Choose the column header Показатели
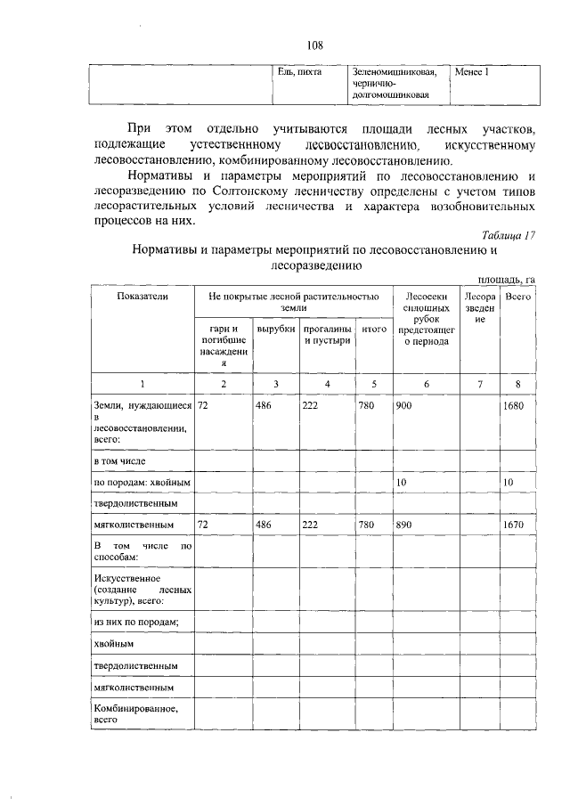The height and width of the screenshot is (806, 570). tap(142, 295)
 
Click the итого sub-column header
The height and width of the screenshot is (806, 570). tap(374, 329)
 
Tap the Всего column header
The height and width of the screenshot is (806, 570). tap(517, 295)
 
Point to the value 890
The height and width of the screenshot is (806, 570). tap(405, 525)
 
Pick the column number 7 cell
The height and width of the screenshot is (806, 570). tap(479, 383)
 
